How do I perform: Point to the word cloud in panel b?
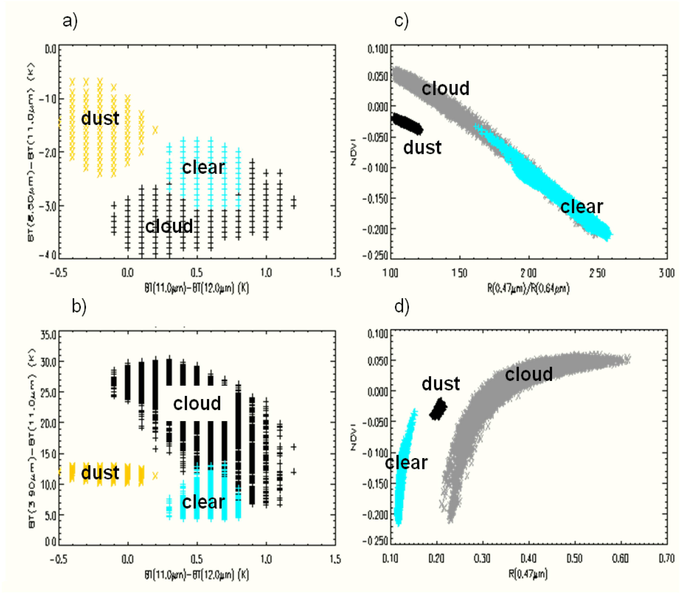point(197,403)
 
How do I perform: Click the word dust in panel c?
point(422,147)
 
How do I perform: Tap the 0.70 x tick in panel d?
point(666,558)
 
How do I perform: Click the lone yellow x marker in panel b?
point(155,476)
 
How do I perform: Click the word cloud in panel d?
point(529,374)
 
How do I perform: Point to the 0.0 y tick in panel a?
point(51,50)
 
